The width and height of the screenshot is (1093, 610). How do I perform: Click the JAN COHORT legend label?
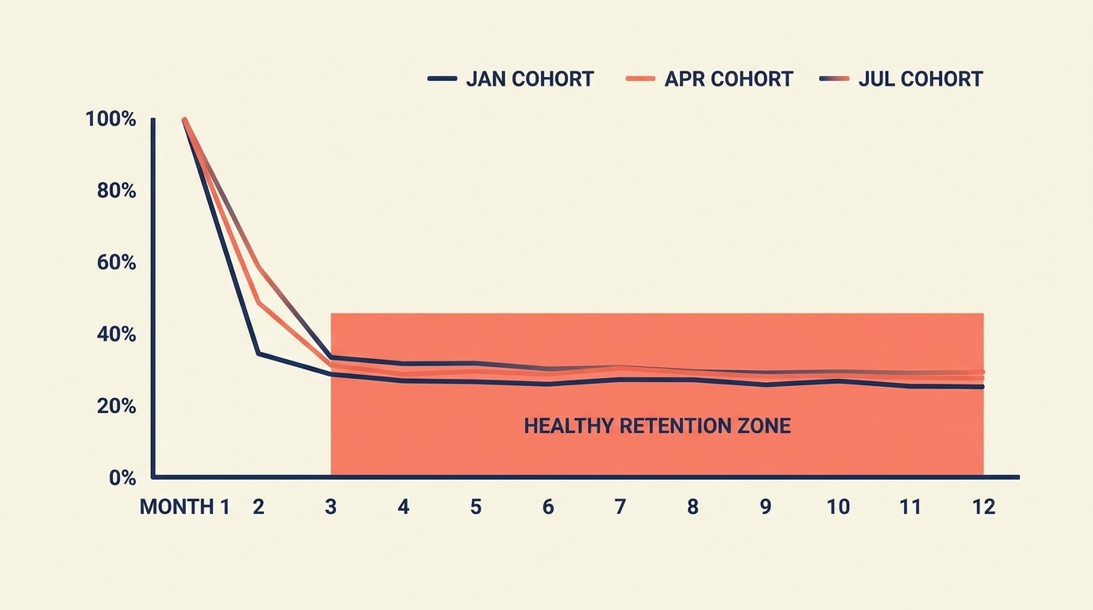coord(529,79)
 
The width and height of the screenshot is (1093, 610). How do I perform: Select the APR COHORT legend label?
coord(728,79)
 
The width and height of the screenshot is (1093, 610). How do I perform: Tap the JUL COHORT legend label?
coord(921,79)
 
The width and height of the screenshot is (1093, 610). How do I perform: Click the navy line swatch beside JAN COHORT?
coord(442,79)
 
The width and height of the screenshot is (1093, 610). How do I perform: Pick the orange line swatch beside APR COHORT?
coord(640,79)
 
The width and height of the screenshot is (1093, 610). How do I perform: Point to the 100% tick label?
coord(110,120)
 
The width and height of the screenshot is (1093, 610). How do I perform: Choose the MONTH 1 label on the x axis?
coord(184,507)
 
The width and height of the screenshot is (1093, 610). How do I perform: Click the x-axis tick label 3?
coord(330,507)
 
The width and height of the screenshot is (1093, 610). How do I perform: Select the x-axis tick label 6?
coord(548,507)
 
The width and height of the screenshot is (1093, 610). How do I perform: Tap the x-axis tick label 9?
coord(765,507)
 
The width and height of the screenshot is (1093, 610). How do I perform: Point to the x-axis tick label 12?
coord(983,507)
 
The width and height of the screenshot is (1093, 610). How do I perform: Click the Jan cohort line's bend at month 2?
coord(257,353)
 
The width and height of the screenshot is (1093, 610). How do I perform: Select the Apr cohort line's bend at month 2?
coord(258,302)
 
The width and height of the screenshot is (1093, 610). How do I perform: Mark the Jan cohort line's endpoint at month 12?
coord(983,387)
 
